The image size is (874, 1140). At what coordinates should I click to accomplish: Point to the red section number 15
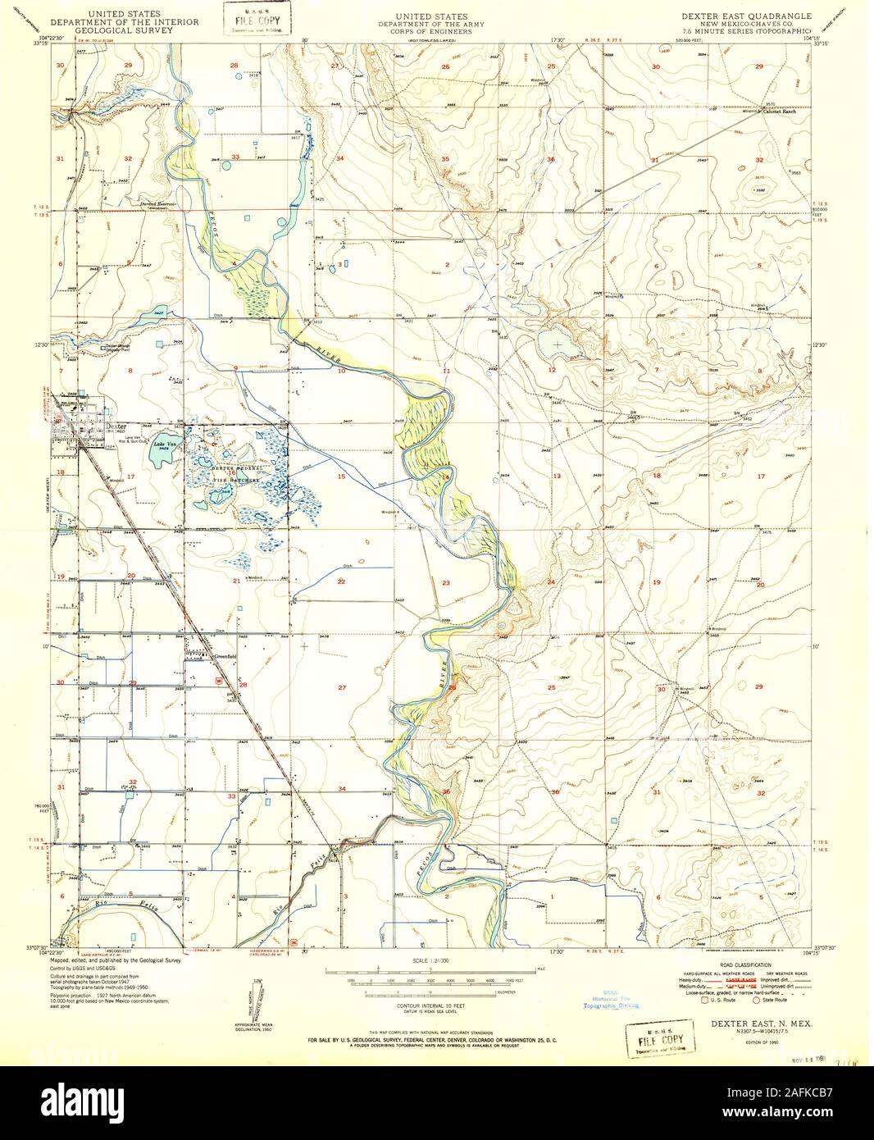(340, 477)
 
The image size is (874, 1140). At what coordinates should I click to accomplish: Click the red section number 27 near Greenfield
(341, 687)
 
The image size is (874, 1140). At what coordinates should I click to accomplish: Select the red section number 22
(341, 581)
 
